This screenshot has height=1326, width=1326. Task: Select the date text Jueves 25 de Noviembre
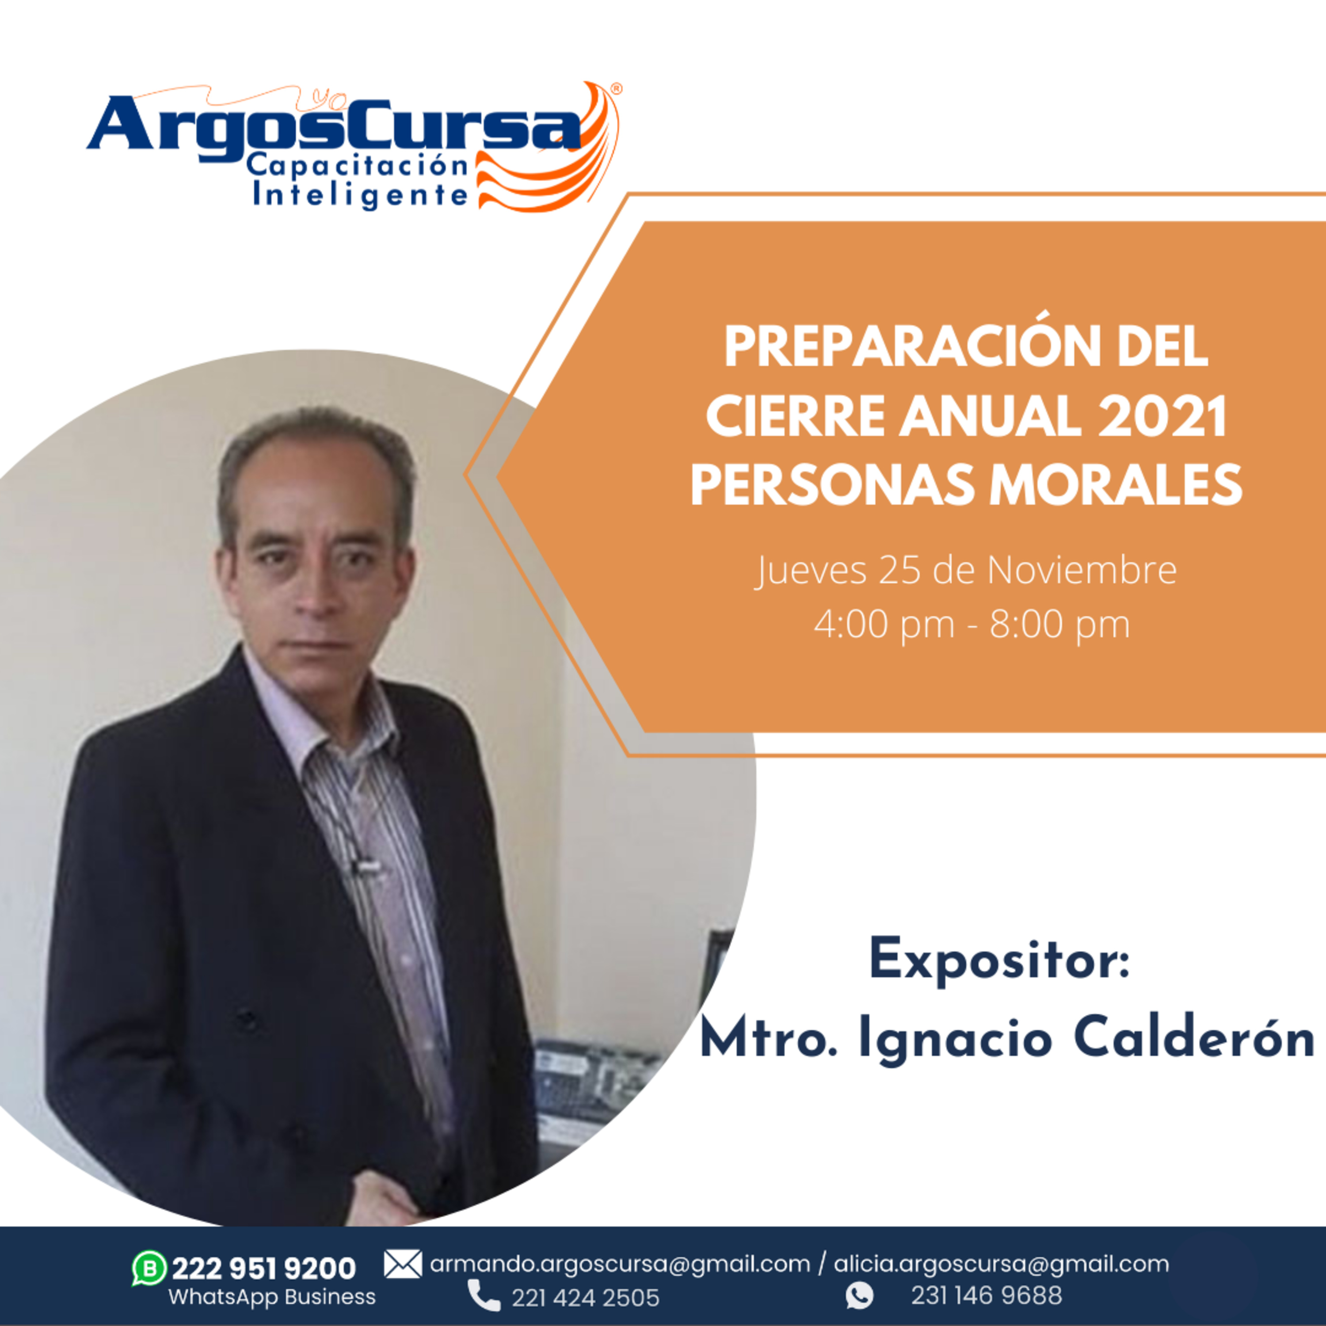(966, 570)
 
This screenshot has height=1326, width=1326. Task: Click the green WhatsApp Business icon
(149, 1269)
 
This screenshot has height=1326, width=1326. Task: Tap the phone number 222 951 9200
(263, 1269)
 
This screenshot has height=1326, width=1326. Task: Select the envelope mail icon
(403, 1264)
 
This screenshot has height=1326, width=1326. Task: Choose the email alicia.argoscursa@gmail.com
(1002, 1264)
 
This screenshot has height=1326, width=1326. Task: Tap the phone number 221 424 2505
(586, 1298)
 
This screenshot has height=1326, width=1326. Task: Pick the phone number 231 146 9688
(986, 1296)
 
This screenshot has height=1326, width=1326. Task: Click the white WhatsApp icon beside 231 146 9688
(859, 1296)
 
